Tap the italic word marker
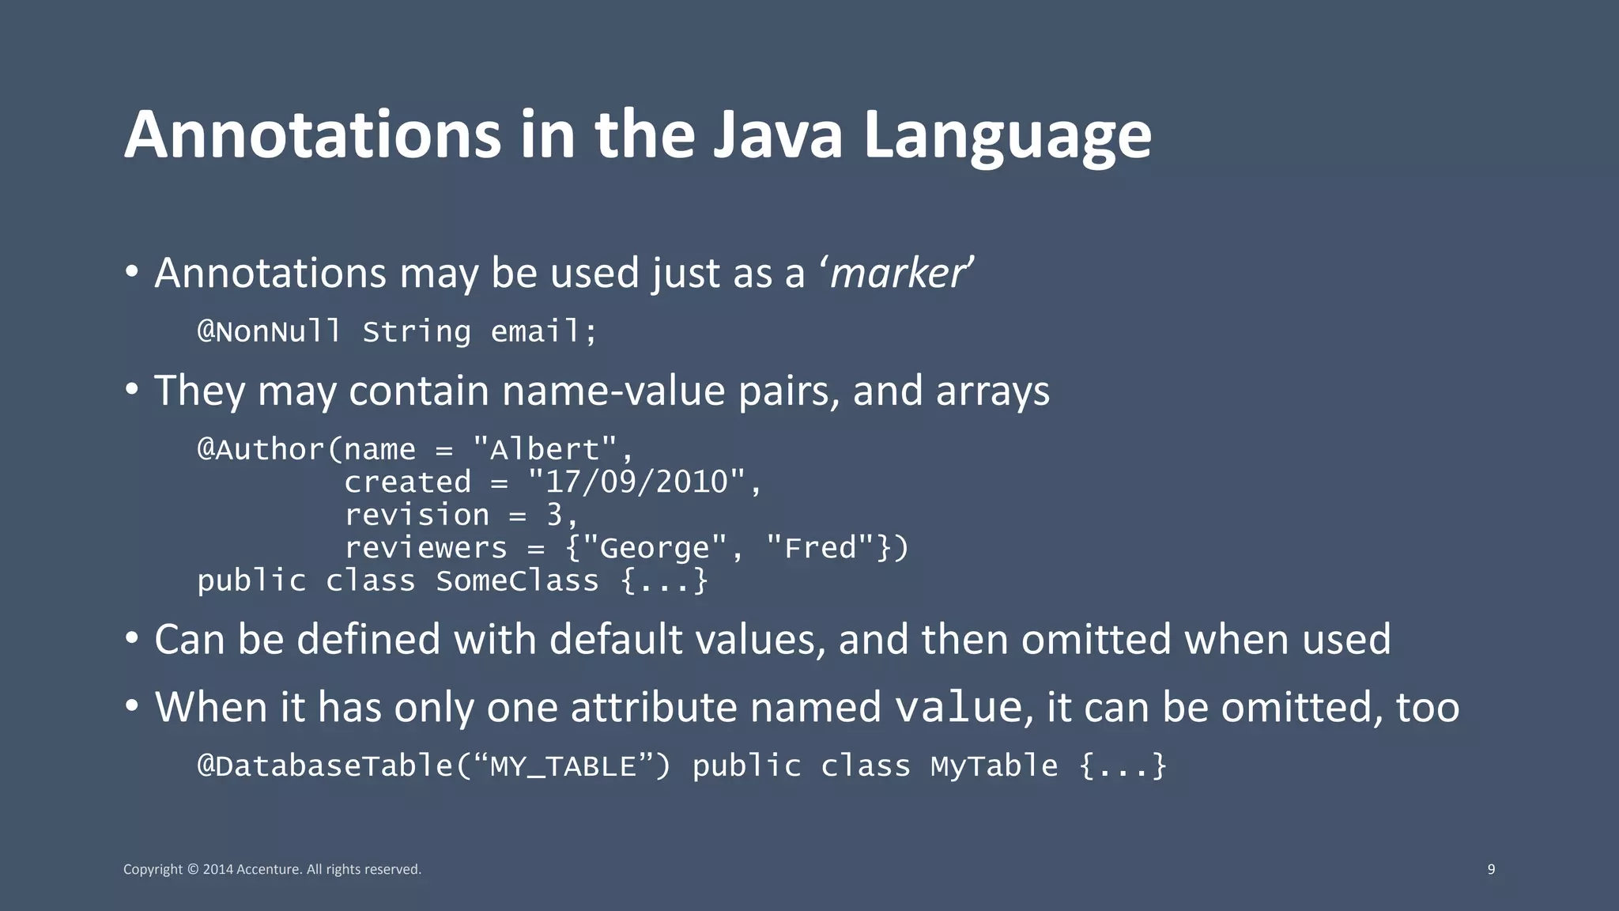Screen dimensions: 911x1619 click(x=896, y=274)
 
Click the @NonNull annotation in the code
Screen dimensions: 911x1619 click(x=269, y=331)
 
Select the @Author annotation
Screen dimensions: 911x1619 click(x=260, y=449)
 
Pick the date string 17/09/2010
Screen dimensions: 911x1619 click(x=636, y=482)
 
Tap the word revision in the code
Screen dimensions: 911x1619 click(x=417, y=516)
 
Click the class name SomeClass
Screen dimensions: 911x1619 click(x=517, y=581)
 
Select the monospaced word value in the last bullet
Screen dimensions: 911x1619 click(x=958, y=707)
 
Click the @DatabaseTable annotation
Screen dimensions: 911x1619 click(x=325, y=766)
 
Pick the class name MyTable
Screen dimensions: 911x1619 click(x=994, y=766)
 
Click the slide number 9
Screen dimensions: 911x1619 click(x=1491, y=869)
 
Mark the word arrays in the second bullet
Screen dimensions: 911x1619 click(x=992, y=391)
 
